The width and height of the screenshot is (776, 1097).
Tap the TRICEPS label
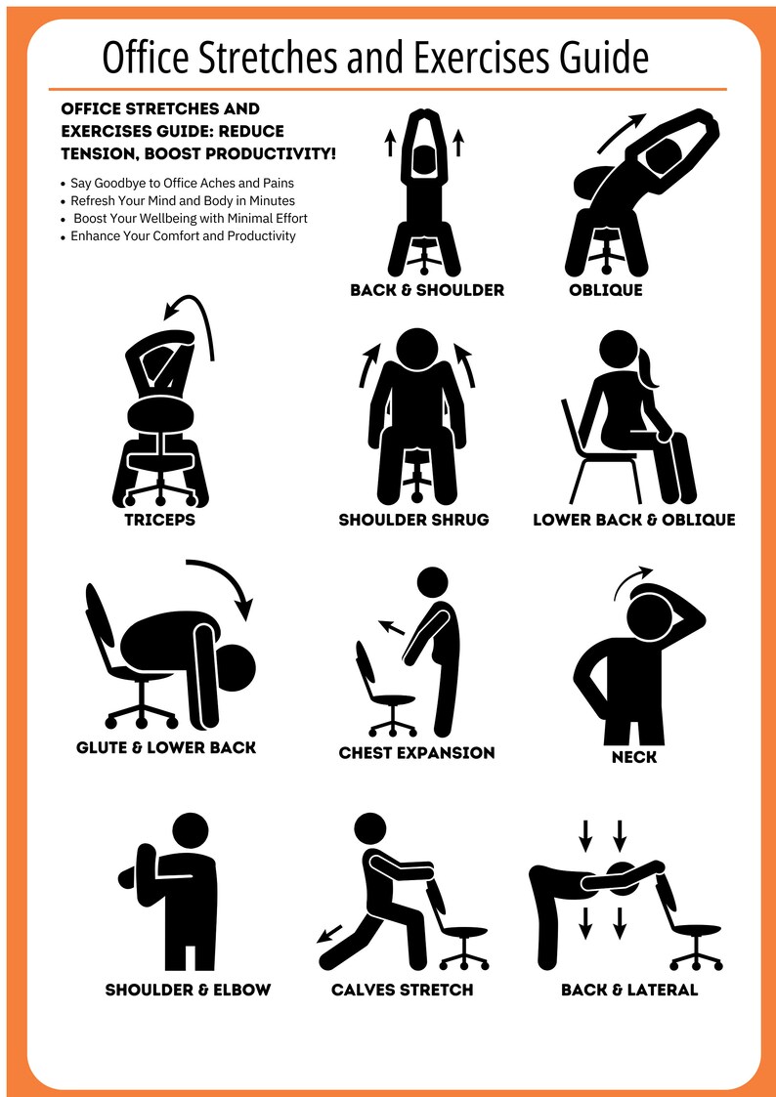click(159, 520)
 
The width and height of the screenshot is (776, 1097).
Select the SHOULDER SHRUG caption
click(413, 520)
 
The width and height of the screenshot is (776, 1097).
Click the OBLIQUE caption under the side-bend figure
click(606, 290)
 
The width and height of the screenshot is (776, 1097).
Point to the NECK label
click(633, 757)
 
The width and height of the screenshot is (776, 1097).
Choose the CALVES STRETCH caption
click(402, 990)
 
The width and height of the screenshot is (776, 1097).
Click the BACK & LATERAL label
click(629, 990)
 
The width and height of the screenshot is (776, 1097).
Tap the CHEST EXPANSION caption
click(416, 752)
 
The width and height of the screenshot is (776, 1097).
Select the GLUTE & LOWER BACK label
click(166, 747)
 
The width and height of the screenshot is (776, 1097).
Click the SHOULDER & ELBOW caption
click(188, 990)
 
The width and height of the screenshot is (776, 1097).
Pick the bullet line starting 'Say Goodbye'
click(182, 183)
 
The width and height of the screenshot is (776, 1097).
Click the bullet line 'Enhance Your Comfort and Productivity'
click(183, 235)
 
